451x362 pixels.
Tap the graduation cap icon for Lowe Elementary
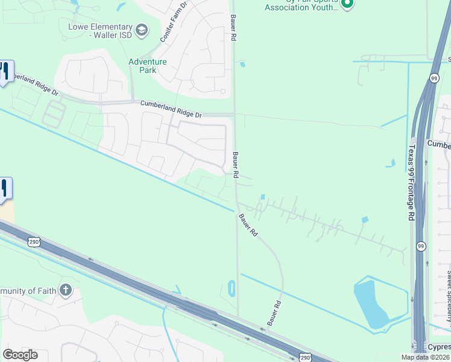click(x=142, y=30)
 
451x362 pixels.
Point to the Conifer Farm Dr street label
click(x=174, y=23)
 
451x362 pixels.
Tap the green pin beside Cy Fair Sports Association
click(x=347, y=4)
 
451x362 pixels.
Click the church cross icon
click(x=66, y=291)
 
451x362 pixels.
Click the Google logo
click(x=19, y=355)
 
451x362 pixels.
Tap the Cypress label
click(x=439, y=347)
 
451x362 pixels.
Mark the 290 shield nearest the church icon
click(x=33, y=242)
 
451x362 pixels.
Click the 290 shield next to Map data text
click(x=306, y=358)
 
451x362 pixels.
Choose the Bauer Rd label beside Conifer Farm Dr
click(x=233, y=28)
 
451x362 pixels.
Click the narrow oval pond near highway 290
click(x=232, y=289)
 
